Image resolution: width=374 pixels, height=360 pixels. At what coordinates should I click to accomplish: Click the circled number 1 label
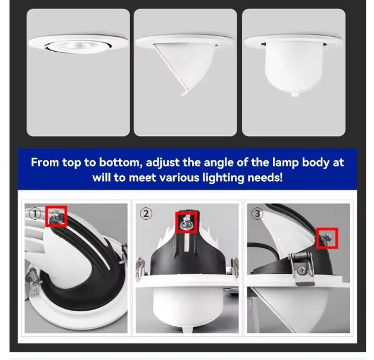[x=35, y=213]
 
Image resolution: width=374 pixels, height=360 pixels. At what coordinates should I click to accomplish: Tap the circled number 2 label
[x=146, y=214]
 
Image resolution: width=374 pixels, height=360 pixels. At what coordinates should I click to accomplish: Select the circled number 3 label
[x=257, y=214]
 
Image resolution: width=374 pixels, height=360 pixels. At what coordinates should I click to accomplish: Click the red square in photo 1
[x=56, y=217]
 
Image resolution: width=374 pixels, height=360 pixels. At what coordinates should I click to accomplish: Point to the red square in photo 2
[x=187, y=223]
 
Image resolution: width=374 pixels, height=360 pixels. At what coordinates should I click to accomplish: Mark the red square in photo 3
[x=327, y=238]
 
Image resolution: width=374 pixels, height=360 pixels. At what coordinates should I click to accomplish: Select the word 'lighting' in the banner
[x=223, y=178]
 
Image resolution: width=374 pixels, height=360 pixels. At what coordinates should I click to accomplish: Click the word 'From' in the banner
[x=45, y=163]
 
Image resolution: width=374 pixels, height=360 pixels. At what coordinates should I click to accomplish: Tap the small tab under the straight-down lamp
[x=295, y=94]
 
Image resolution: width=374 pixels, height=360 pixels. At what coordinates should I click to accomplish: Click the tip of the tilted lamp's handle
[x=183, y=94]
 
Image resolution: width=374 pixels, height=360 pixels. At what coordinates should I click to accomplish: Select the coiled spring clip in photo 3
[x=300, y=267]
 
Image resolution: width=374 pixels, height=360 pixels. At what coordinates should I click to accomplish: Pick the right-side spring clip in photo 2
[x=235, y=266]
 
